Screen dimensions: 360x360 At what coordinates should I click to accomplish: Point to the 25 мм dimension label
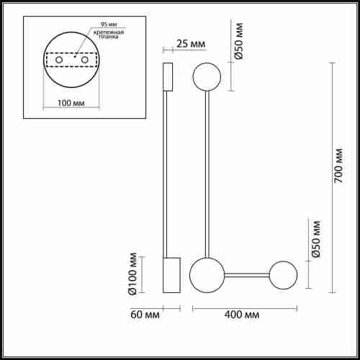[x=190, y=45]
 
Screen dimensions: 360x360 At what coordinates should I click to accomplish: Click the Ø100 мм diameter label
[x=132, y=274]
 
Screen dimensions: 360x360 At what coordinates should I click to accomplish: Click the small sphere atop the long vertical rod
[x=207, y=76]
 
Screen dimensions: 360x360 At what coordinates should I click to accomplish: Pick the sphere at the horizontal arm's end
[x=283, y=274]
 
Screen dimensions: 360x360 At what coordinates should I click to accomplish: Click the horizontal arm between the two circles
[x=246, y=274]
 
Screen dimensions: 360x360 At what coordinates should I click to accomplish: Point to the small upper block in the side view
[x=168, y=77]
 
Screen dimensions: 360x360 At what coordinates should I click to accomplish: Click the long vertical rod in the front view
[x=207, y=173]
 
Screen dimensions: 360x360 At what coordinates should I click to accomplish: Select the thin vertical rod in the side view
[x=168, y=173]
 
